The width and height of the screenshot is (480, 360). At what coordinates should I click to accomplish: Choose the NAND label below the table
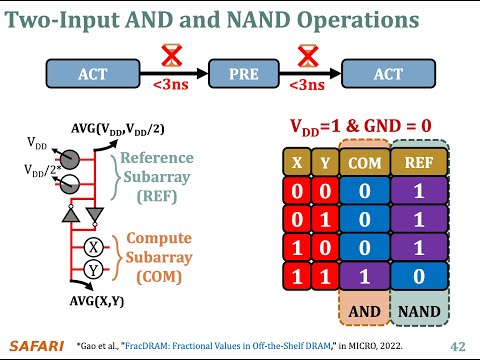coord(419,311)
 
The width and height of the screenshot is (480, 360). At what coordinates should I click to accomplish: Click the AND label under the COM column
coord(364,311)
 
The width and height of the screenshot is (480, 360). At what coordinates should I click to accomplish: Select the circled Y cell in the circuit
coord(92,268)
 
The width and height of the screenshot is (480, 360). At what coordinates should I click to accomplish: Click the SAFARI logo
coord(36,345)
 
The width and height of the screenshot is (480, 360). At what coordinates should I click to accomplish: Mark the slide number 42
coord(458,346)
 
